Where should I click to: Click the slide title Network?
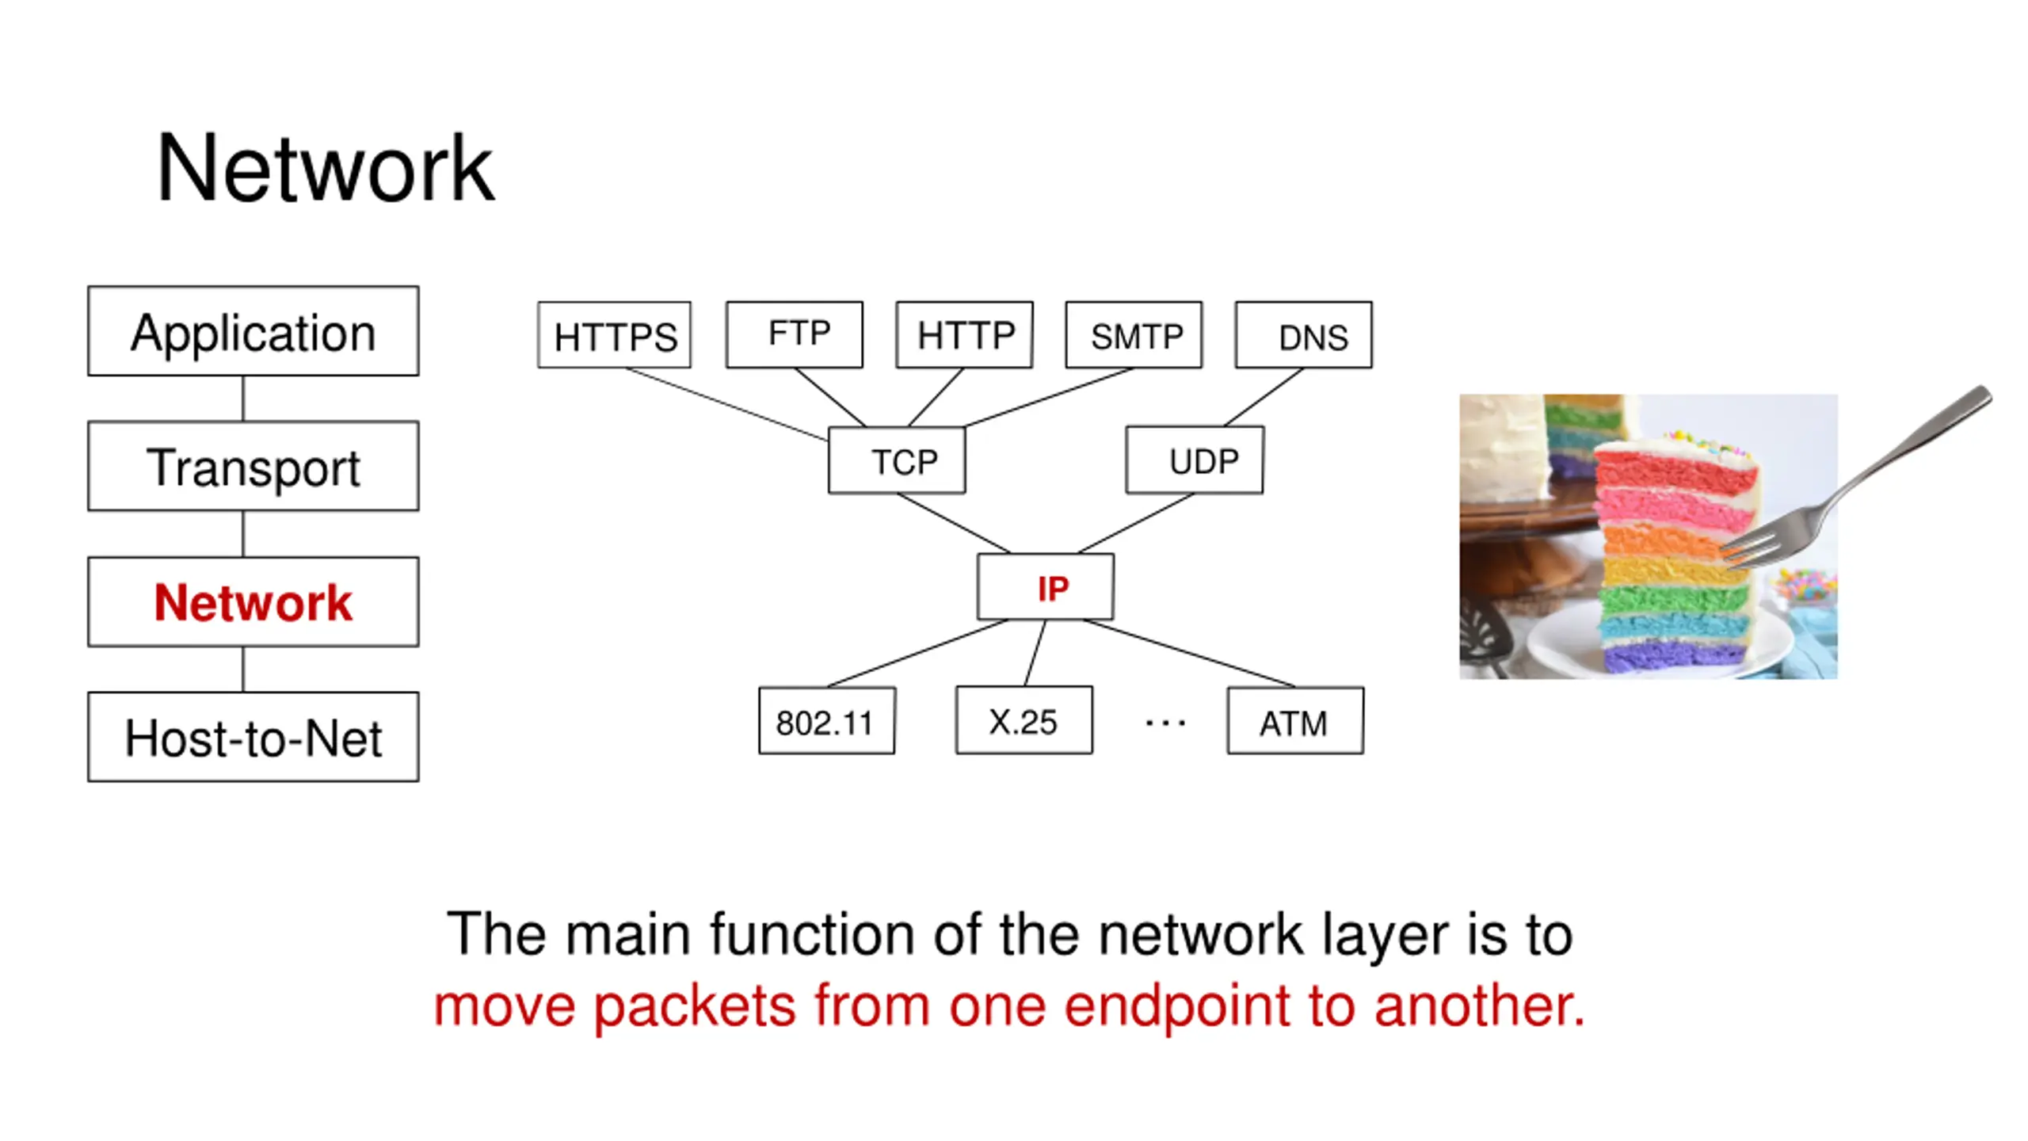pos(325,169)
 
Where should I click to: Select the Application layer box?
pos(253,331)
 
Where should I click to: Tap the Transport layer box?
pos(253,466)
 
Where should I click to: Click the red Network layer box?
pos(253,602)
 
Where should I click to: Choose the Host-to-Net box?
pos(253,737)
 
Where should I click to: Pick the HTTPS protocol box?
pos(614,334)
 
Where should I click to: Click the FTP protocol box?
pos(795,334)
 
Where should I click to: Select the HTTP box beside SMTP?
pos(964,334)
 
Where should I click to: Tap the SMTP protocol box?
pos(1134,334)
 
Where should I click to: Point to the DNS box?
pos(1304,334)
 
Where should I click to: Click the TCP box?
pos(897,460)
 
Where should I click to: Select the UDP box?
pos(1195,460)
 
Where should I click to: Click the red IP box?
pos(1046,586)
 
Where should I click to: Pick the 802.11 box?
pos(827,720)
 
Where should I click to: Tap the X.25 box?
pos(1024,720)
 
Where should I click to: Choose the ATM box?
pos(1296,720)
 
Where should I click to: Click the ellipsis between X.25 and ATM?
pos(1165,723)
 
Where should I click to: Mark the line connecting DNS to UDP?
pos(1264,398)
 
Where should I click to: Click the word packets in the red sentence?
pos(694,1006)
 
